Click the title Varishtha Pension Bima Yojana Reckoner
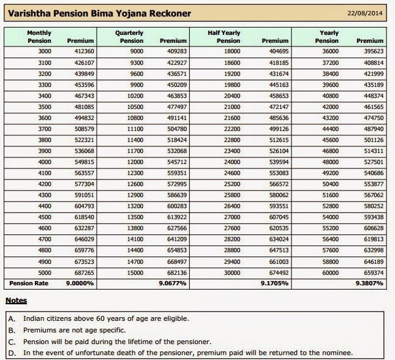point(99,13)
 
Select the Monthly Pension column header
point(39,37)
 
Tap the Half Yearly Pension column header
point(229,37)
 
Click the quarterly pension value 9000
point(137,51)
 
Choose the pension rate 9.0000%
point(80,283)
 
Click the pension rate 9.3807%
point(369,283)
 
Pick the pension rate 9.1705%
point(274,283)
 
